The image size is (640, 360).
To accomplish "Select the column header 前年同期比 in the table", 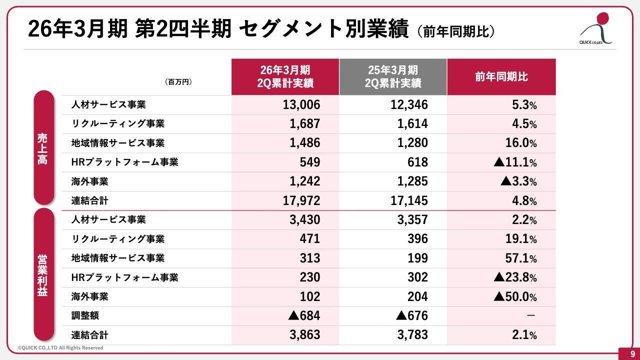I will tap(501, 77).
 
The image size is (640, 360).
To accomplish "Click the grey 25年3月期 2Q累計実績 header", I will tap(392, 77).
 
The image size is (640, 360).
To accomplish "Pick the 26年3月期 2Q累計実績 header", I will tap(284, 77).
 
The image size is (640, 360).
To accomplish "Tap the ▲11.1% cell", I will tap(515, 162).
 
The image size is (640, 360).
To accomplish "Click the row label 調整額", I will tap(82, 316).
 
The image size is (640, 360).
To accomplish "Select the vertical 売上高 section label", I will tap(43, 148).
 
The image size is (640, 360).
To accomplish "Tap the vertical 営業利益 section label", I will tap(43, 275).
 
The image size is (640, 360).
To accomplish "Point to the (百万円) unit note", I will tap(178, 81).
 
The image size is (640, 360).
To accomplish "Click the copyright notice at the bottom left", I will tap(60, 347).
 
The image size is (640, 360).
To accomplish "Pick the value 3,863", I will tap(304, 335).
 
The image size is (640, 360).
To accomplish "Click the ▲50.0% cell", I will tap(515, 297).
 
